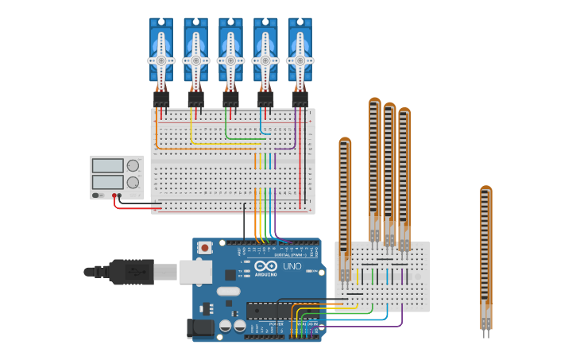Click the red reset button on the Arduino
coord(205,248)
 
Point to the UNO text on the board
coord(292,266)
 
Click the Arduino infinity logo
coord(266,266)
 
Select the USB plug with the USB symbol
coord(131,272)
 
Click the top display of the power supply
coord(107,166)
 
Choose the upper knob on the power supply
coord(133,166)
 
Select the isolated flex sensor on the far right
coord(485,254)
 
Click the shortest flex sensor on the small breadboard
coord(345,207)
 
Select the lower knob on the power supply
coord(133,182)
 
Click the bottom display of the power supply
coord(107,182)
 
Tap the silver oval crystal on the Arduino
coord(228,291)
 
